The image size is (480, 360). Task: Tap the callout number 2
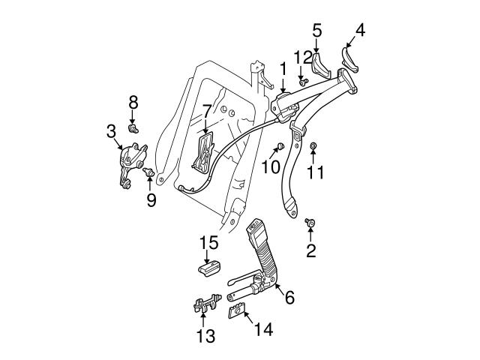coord(310,250)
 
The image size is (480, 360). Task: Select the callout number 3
coord(110,133)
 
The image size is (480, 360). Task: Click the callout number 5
coord(317,31)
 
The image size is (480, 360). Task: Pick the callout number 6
coord(289,298)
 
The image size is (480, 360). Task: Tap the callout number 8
coord(133,101)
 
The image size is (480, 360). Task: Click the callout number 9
coord(151,199)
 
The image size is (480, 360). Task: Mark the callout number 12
coord(302,57)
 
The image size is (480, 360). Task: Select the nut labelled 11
coord(314,145)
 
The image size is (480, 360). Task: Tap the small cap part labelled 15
coord(208,268)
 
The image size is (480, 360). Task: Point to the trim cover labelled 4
coord(350,57)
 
